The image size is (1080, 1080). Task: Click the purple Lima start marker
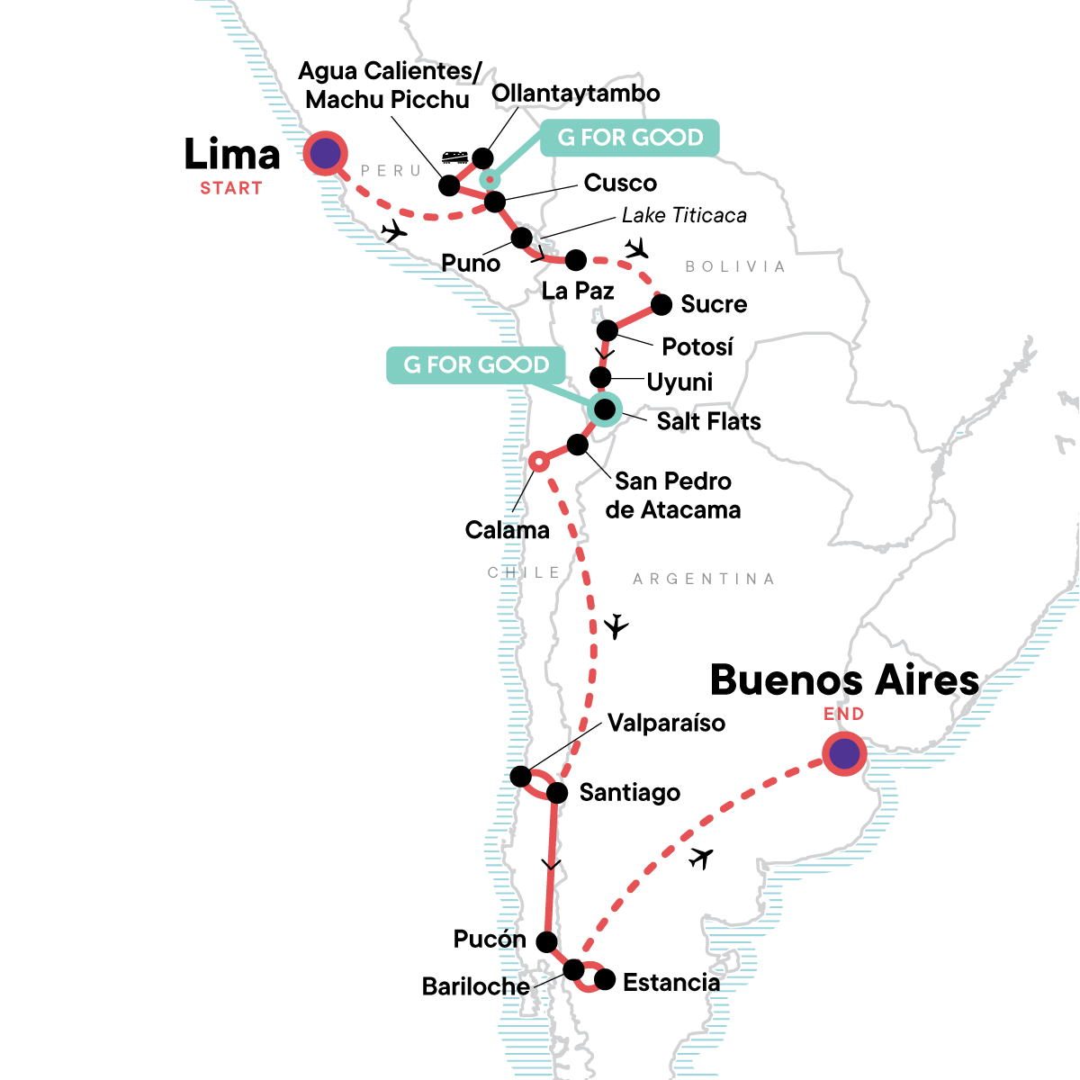click(325, 154)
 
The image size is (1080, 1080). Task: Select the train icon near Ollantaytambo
click(454, 157)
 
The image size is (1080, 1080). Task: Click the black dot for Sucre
click(661, 304)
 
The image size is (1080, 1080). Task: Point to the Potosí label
click(697, 346)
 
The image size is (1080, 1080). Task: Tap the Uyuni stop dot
click(600, 376)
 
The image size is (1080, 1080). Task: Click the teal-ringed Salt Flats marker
click(604, 409)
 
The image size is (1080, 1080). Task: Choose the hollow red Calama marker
click(538, 461)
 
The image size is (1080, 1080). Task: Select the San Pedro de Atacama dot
click(578, 445)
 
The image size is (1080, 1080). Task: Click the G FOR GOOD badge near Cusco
click(629, 138)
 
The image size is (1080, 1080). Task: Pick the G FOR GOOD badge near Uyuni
click(476, 365)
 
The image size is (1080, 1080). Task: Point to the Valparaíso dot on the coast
click(520, 776)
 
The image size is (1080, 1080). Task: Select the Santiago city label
click(629, 793)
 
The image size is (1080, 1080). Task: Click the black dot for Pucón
click(546, 941)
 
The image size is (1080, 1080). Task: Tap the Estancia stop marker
click(605, 979)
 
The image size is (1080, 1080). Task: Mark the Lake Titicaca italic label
click(684, 216)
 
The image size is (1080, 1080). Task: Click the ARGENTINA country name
click(703, 579)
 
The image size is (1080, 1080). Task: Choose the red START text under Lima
click(231, 188)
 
